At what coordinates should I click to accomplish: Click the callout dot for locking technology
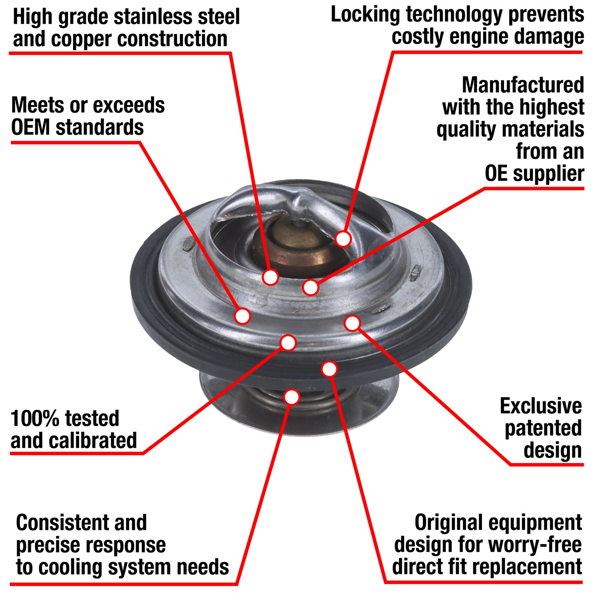tap(343, 239)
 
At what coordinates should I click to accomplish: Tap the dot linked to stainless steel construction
tap(270, 277)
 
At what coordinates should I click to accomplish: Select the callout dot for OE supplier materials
tap(311, 287)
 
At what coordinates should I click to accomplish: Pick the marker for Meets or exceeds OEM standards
tap(242, 316)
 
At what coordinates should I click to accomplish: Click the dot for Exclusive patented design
tap(352, 323)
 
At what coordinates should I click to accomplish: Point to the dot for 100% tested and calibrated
tap(288, 343)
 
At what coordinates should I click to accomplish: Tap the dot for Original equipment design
tap(329, 369)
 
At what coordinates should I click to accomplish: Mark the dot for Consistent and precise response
tap(292, 397)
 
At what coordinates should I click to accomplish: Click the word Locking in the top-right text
tap(365, 15)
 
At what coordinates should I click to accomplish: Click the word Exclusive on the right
tap(541, 406)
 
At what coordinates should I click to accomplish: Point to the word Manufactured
tap(523, 85)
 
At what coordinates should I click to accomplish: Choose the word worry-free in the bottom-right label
tap(541, 545)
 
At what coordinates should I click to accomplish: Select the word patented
tap(543, 429)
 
